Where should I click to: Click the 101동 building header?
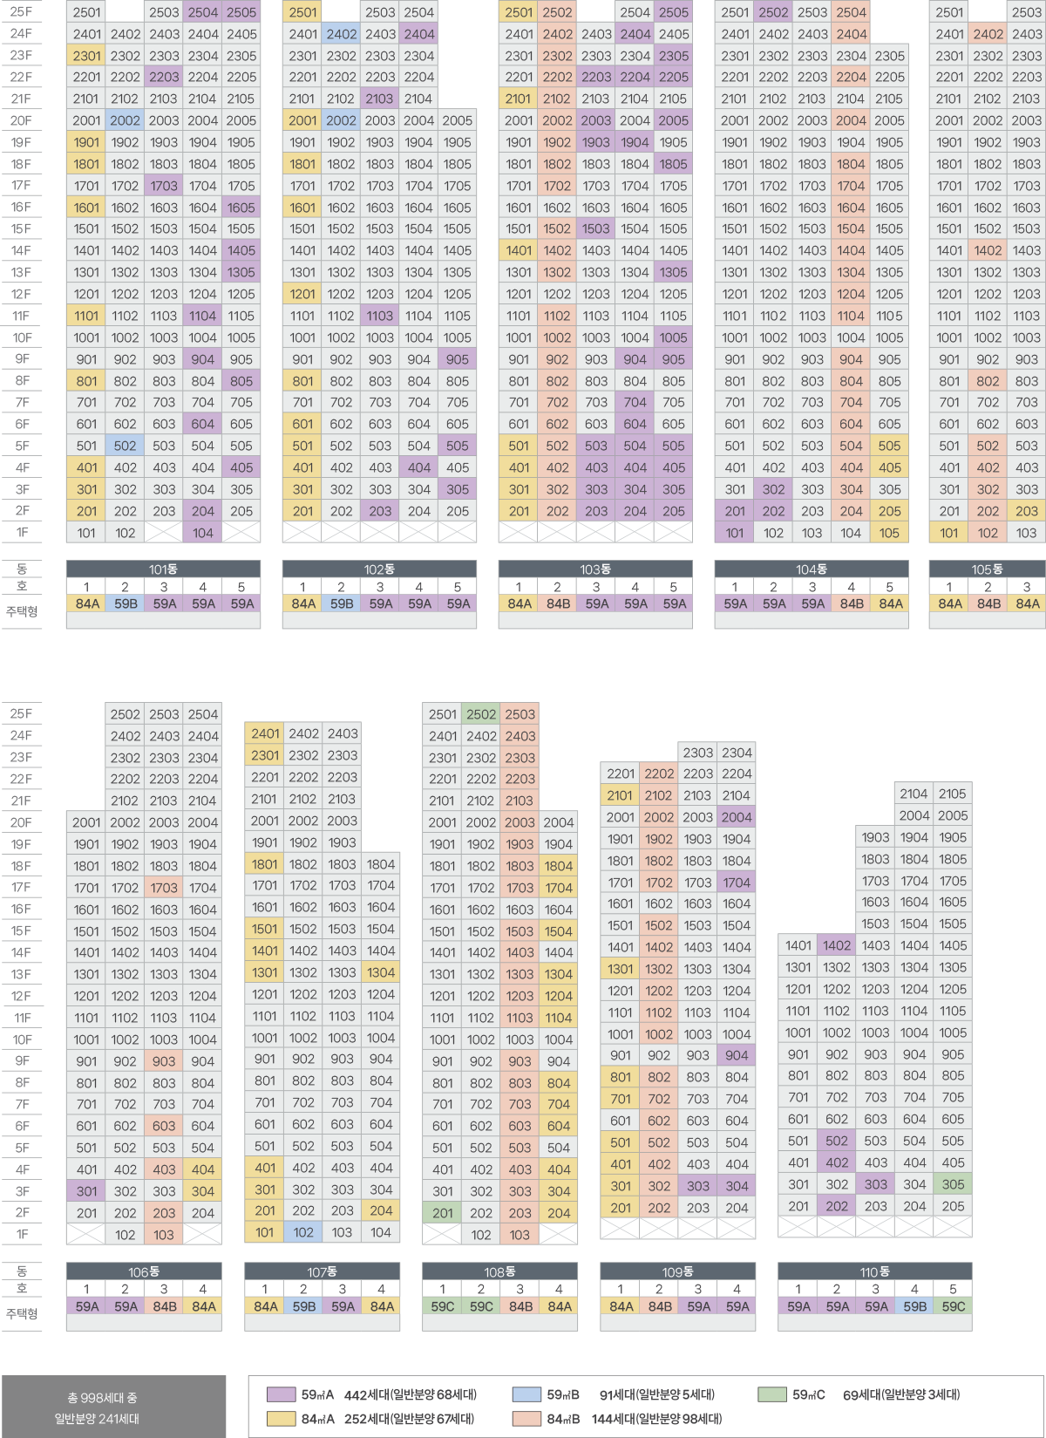(x=163, y=569)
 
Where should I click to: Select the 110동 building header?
(x=874, y=1272)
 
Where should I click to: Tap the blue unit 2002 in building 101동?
(x=125, y=120)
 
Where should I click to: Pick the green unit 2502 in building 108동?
(x=481, y=714)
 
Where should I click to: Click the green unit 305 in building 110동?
(x=953, y=1184)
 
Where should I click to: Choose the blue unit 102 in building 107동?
(x=303, y=1232)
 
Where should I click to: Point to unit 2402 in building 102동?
(x=341, y=34)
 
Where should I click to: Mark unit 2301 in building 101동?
(x=86, y=56)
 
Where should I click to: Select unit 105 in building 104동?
(x=889, y=533)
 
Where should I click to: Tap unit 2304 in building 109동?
(x=737, y=753)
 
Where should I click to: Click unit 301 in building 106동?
(x=86, y=1191)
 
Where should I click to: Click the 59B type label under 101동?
(x=126, y=603)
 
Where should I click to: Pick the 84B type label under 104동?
(x=852, y=603)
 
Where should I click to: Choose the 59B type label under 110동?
(x=914, y=1306)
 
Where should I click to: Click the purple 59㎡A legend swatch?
(x=281, y=1394)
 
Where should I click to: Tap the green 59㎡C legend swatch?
(x=772, y=1394)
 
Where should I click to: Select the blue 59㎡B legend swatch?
(x=526, y=1394)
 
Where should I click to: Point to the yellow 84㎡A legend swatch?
(x=281, y=1419)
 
